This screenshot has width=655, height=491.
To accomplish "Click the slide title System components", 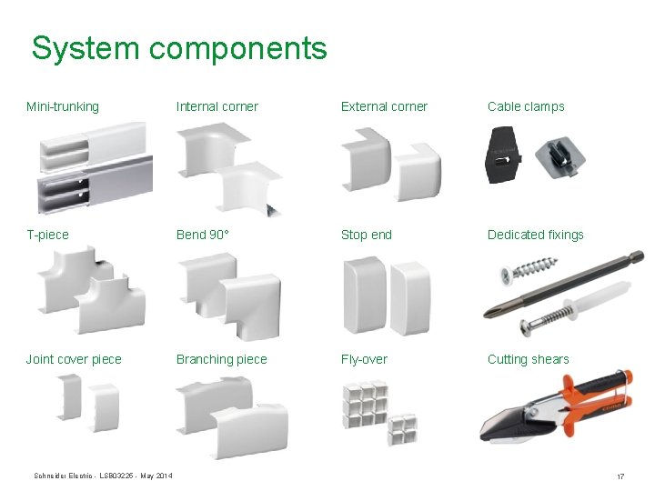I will [178, 48].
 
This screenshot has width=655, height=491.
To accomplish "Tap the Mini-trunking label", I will [63, 106].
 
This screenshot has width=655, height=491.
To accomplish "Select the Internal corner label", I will [217, 106].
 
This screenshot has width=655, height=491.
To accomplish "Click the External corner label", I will [384, 106].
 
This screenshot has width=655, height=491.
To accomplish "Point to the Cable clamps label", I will [526, 106].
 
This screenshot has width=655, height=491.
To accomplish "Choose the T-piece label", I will [47, 235].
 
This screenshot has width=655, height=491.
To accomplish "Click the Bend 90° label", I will [203, 235].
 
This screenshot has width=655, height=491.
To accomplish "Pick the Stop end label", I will [367, 235].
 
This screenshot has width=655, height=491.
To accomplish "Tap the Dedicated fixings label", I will [536, 235].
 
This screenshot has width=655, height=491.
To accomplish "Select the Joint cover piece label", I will [74, 359].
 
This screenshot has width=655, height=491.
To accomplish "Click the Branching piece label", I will [222, 359].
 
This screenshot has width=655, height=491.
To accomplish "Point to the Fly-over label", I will [364, 359].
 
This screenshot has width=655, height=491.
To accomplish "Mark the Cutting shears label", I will [529, 359].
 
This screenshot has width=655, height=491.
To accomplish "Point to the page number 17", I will [620, 476].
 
